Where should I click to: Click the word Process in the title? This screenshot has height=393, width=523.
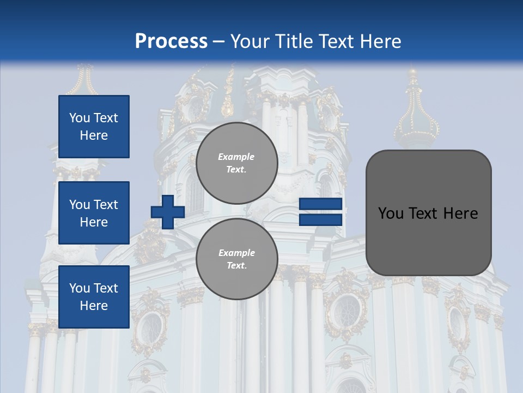[x=171, y=41]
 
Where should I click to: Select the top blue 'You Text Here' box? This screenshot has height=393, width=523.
[x=94, y=127]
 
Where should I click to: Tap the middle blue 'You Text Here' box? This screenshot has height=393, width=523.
[x=94, y=213]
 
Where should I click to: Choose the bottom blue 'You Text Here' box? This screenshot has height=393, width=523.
[x=94, y=296]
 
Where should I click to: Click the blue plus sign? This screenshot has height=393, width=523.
[x=168, y=212]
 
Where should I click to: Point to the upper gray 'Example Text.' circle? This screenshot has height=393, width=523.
[x=236, y=163]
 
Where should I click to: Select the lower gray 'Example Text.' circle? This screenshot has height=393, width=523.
[x=236, y=259]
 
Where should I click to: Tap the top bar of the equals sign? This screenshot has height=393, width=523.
[x=320, y=204]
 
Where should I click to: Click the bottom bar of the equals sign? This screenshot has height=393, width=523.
[x=320, y=219]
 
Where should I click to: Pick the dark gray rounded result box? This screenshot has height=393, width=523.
[x=428, y=212]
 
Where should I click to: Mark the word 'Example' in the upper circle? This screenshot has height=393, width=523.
[x=236, y=157]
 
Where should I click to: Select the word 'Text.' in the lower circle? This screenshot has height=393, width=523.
[x=236, y=266]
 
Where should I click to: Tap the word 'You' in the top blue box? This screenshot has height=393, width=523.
[x=80, y=118]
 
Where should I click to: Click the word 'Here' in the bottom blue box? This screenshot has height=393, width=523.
[x=94, y=306]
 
